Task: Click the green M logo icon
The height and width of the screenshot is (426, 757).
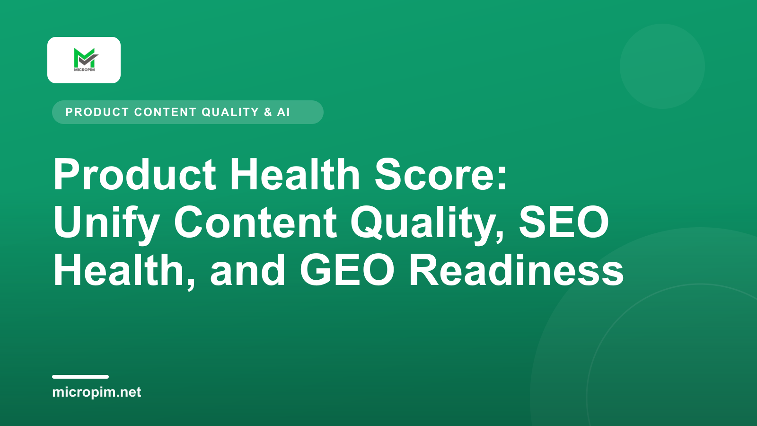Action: (86, 58)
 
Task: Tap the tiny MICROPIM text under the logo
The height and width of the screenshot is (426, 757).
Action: (84, 70)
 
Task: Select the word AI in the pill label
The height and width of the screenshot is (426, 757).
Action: (283, 112)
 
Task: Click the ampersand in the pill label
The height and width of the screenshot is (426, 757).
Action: (268, 112)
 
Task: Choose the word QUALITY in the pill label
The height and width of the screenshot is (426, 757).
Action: (230, 112)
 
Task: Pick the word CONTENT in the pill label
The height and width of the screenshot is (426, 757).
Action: (165, 112)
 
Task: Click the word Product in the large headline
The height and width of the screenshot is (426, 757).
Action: (134, 175)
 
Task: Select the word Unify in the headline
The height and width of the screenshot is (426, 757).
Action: (106, 223)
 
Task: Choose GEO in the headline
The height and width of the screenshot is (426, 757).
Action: (347, 270)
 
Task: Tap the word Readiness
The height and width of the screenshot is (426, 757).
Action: (517, 270)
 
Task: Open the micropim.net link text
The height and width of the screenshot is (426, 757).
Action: (97, 392)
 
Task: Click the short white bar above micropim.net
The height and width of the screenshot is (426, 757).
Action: (80, 377)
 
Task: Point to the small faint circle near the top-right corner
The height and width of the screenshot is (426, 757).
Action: (662, 66)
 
